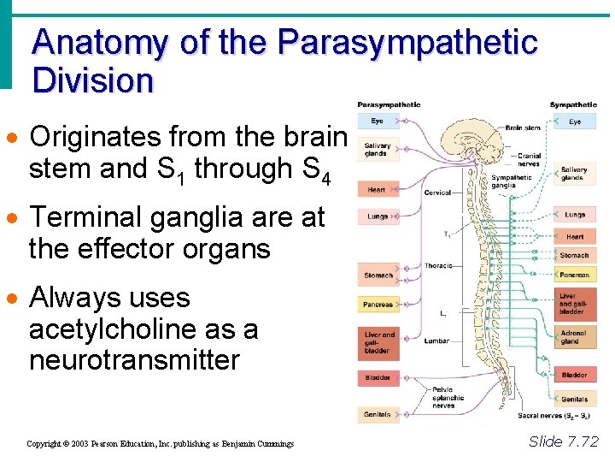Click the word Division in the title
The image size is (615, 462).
click(92, 81)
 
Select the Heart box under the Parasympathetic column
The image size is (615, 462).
click(377, 190)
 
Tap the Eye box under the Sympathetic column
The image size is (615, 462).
click(575, 121)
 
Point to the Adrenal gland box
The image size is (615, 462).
click(574, 336)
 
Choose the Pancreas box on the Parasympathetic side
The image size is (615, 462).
click(378, 305)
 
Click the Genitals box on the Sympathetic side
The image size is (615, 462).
click(574, 399)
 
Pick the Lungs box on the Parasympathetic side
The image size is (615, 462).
click(378, 216)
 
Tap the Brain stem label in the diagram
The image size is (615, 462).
click(523, 127)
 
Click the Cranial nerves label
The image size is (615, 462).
click(529, 159)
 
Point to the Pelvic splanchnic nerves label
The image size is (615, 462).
click(448, 397)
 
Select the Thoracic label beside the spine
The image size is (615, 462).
click(439, 266)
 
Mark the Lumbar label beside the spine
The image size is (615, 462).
click(436, 341)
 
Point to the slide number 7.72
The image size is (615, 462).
click(564, 441)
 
